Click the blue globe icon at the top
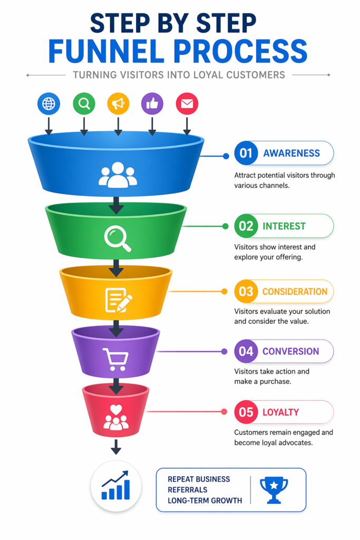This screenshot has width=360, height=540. (x=48, y=104)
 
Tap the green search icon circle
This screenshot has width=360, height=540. (x=84, y=104)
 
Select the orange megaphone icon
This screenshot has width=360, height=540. (x=118, y=104)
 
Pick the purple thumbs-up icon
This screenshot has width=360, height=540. (x=152, y=104)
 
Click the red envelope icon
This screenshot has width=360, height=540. (x=187, y=104)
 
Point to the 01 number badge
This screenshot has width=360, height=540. (x=246, y=153)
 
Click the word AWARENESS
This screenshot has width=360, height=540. (x=291, y=153)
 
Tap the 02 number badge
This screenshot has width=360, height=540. (x=246, y=226)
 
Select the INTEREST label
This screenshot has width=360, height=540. (x=284, y=226)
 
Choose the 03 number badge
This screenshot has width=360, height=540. (x=246, y=292)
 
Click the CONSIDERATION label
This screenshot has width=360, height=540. (x=295, y=292)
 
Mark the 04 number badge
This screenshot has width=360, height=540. (x=246, y=351)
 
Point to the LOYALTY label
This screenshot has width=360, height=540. (x=281, y=412)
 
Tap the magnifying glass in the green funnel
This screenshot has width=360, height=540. (x=118, y=239)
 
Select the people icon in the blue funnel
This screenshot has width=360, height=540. (x=118, y=175)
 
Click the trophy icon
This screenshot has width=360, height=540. (x=274, y=490)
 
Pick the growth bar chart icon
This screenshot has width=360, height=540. (x=116, y=486)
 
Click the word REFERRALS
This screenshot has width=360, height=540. (x=187, y=490)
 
